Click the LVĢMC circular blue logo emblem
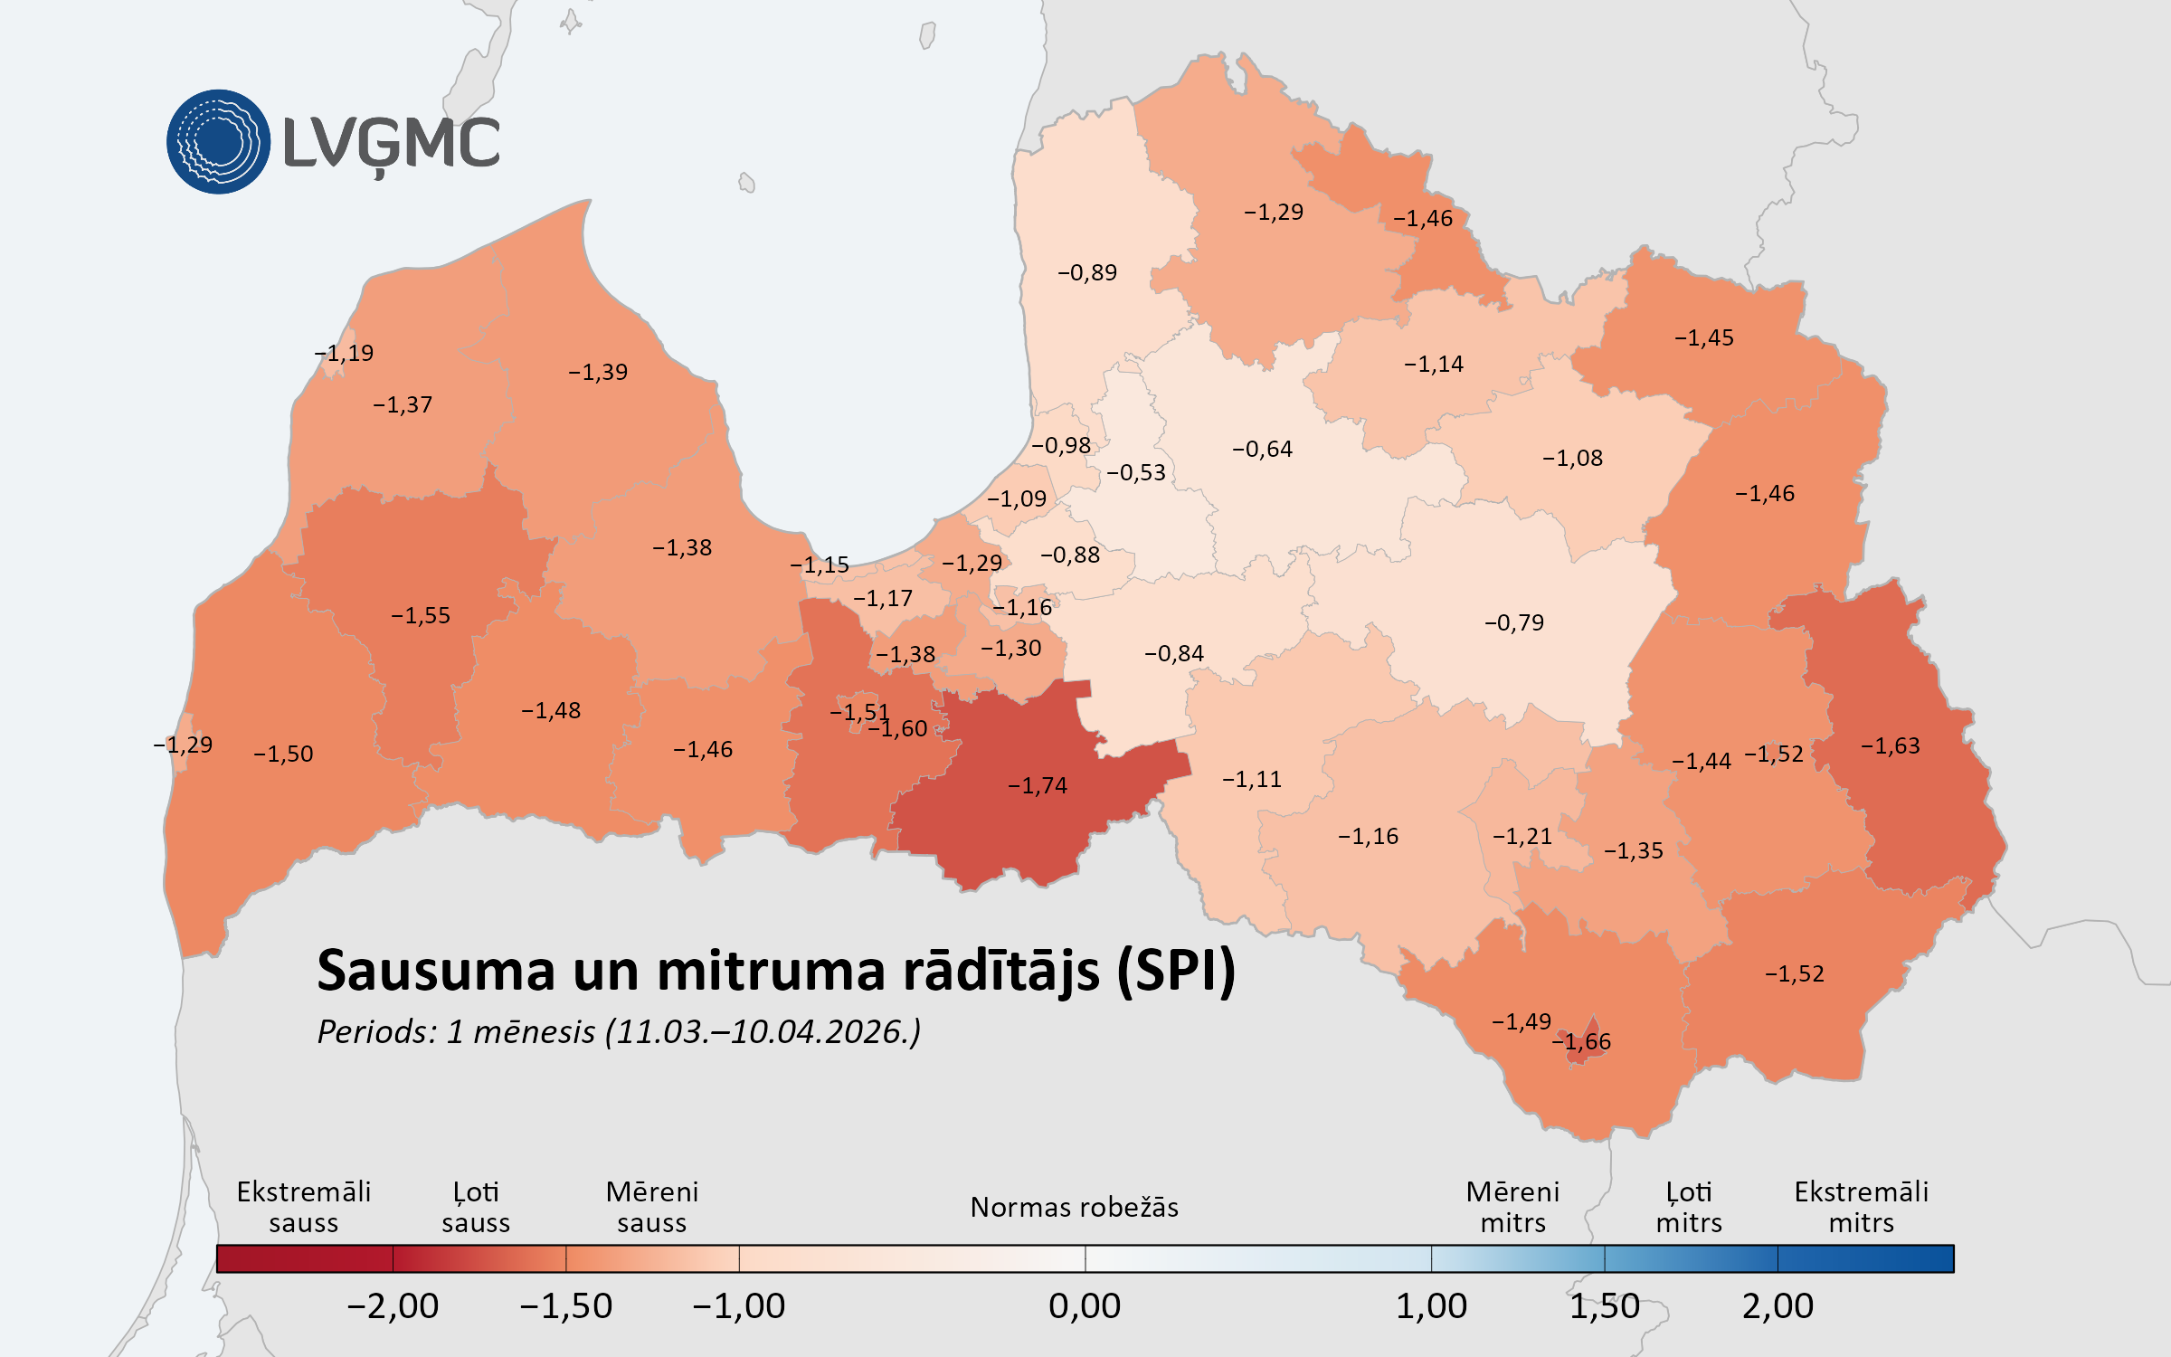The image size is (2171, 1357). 218,141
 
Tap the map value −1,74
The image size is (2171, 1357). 1038,785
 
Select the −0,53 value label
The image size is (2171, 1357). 1136,472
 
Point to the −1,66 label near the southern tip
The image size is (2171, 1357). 1582,1041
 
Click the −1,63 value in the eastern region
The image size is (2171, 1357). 1890,745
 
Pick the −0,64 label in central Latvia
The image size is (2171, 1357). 1262,449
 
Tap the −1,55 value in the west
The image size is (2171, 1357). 421,615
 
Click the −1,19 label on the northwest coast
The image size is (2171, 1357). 344,353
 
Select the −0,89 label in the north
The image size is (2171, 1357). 1087,272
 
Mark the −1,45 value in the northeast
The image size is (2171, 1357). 1704,337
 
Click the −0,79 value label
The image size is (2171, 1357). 1514,622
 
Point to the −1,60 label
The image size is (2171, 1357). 899,728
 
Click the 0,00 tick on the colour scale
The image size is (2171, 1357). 1085,1305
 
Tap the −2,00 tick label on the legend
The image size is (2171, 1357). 393,1305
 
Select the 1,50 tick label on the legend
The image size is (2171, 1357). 1604,1305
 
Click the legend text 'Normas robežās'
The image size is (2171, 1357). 1074,1207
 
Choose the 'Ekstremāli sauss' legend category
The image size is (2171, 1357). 304,1207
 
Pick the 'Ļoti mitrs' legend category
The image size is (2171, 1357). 1689,1207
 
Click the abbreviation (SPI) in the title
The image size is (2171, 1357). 1176,971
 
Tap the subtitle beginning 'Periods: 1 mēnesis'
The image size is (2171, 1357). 619,1031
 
